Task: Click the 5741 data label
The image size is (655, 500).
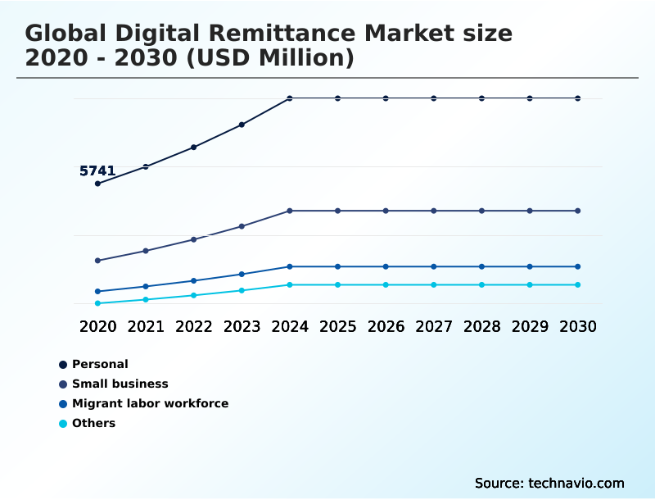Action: click(x=97, y=171)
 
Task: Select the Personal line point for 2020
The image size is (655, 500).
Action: click(x=97, y=184)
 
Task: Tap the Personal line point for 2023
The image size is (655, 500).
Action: click(x=242, y=125)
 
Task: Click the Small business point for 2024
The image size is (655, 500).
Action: click(x=290, y=211)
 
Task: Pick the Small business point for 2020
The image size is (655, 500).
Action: click(x=97, y=261)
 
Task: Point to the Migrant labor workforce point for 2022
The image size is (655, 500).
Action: click(x=194, y=281)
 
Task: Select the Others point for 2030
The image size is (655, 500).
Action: click(x=578, y=284)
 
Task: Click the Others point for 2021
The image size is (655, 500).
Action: click(x=146, y=299)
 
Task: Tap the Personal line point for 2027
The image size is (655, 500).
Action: click(x=434, y=98)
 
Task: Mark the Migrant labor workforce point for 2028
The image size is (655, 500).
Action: click(x=481, y=266)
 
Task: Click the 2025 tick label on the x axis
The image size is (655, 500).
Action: click(x=337, y=326)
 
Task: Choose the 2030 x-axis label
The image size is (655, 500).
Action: click(x=578, y=326)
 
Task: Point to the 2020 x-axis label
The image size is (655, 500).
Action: click(x=97, y=326)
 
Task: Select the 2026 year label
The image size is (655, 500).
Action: click(x=386, y=326)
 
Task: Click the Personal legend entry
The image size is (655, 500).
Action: click(x=100, y=364)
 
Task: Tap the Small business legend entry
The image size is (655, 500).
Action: click(x=120, y=384)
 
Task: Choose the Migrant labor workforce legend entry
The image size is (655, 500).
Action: click(x=150, y=403)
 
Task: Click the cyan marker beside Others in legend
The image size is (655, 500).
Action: click(x=63, y=424)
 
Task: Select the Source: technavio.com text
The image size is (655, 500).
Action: click(x=549, y=483)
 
